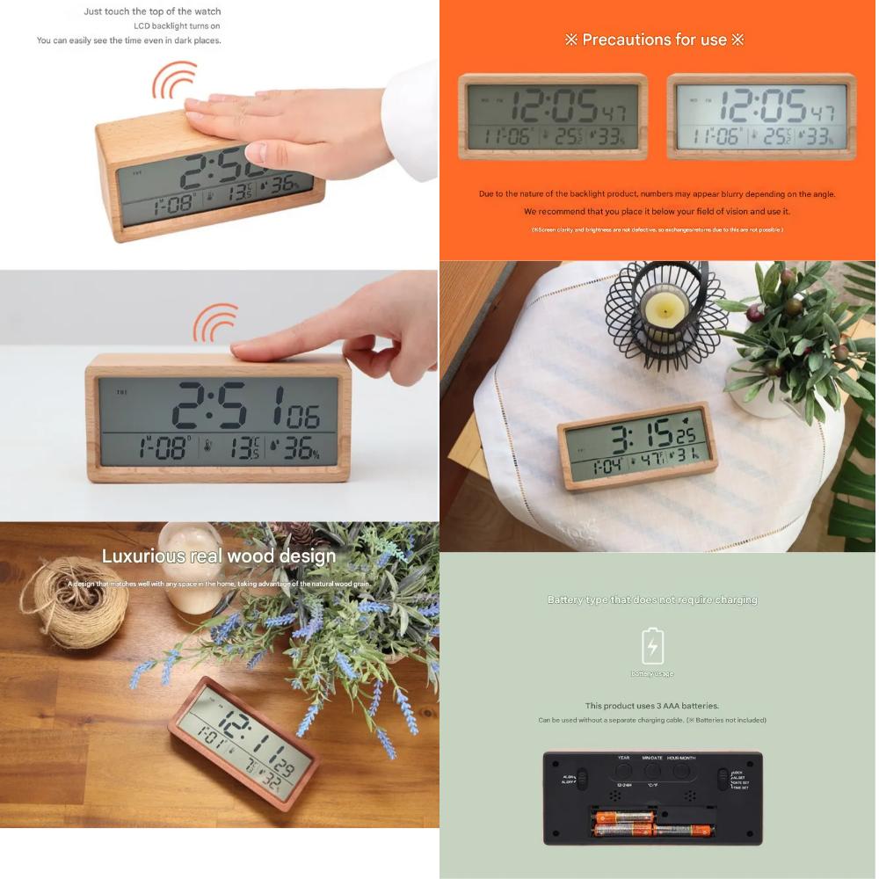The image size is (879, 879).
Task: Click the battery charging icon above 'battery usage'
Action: (x=652, y=646)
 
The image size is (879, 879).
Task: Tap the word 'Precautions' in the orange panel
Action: (x=626, y=40)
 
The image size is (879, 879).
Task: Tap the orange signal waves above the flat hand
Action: (x=174, y=80)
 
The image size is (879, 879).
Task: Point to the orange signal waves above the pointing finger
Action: (x=215, y=323)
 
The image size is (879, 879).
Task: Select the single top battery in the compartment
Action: (x=625, y=817)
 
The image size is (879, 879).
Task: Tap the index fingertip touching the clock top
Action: (x=243, y=352)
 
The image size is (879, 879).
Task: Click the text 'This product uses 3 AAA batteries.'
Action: (x=652, y=706)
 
